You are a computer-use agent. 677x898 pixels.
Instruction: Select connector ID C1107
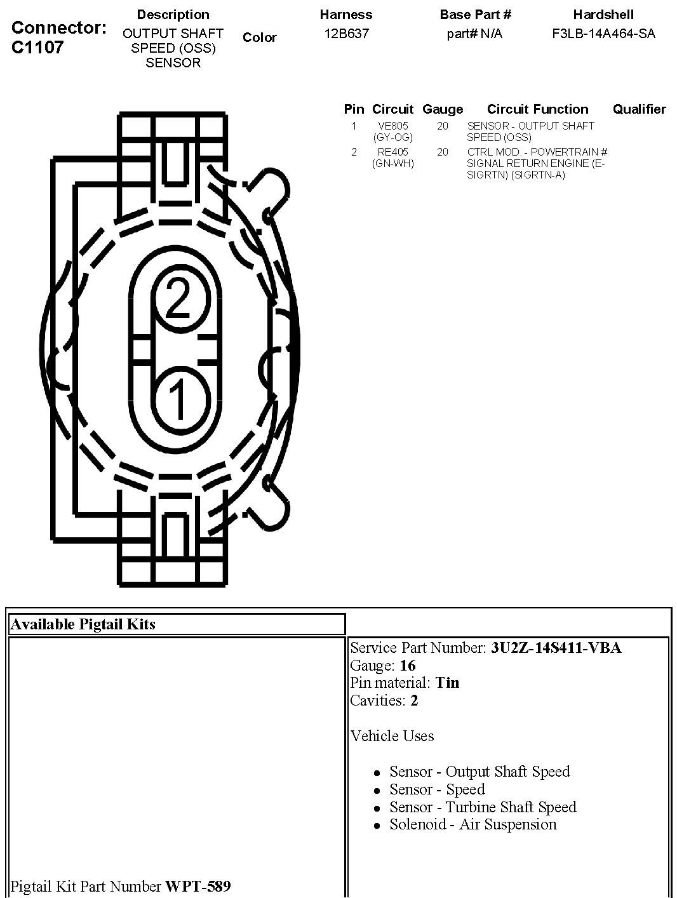coord(38,46)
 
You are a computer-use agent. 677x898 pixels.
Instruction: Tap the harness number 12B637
coord(346,34)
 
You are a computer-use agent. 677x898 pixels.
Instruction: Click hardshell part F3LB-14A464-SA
coord(603,34)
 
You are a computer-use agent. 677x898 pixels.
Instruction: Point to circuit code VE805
coord(393,126)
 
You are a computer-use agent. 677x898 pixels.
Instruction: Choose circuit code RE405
coord(393,152)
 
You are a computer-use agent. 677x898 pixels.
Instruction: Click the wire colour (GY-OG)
coord(393,137)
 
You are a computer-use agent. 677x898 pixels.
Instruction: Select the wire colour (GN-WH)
coord(393,163)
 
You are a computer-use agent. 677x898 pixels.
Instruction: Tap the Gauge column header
coord(443,109)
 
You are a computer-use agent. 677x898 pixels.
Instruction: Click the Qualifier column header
coord(639,109)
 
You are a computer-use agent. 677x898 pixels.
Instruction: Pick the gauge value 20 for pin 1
coord(443,126)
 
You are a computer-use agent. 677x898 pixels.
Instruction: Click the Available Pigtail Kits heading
coord(83,624)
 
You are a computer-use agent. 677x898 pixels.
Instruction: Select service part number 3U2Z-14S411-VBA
coord(556,648)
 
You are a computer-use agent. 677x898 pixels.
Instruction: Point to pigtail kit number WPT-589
coord(198,886)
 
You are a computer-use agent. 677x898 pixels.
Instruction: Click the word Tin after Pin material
coord(447,683)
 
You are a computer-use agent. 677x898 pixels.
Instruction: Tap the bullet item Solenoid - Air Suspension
coord(473,824)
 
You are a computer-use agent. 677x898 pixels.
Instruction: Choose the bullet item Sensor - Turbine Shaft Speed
coord(483,807)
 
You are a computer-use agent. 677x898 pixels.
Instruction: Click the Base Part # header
coord(475,15)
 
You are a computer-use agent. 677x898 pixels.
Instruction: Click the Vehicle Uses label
coord(392,736)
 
